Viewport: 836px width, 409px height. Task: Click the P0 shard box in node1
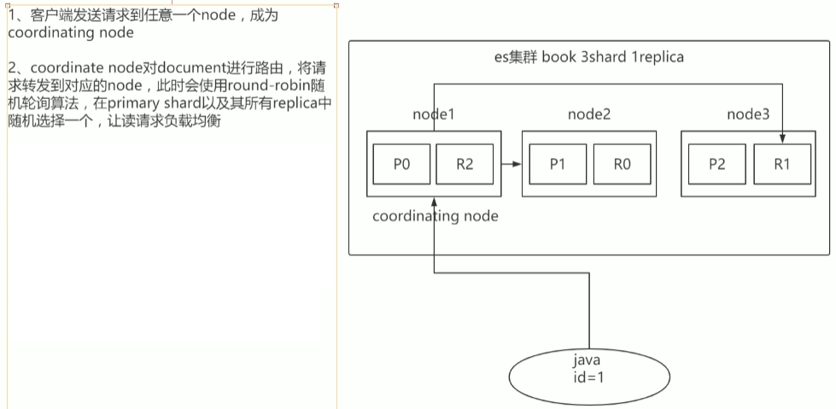402,165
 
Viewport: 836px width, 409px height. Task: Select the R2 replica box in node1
465,165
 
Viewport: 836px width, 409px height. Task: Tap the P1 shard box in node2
558,165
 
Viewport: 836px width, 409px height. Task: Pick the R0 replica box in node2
622,165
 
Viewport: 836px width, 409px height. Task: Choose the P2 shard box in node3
717,165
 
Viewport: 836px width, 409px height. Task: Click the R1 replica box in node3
782,165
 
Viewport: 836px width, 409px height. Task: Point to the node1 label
435,114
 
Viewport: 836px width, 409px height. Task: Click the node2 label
589,114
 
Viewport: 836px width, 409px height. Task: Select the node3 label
748,114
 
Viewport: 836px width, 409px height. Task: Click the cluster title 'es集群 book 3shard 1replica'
589,57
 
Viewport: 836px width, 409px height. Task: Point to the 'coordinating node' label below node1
435,216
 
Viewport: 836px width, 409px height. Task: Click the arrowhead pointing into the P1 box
517,165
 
